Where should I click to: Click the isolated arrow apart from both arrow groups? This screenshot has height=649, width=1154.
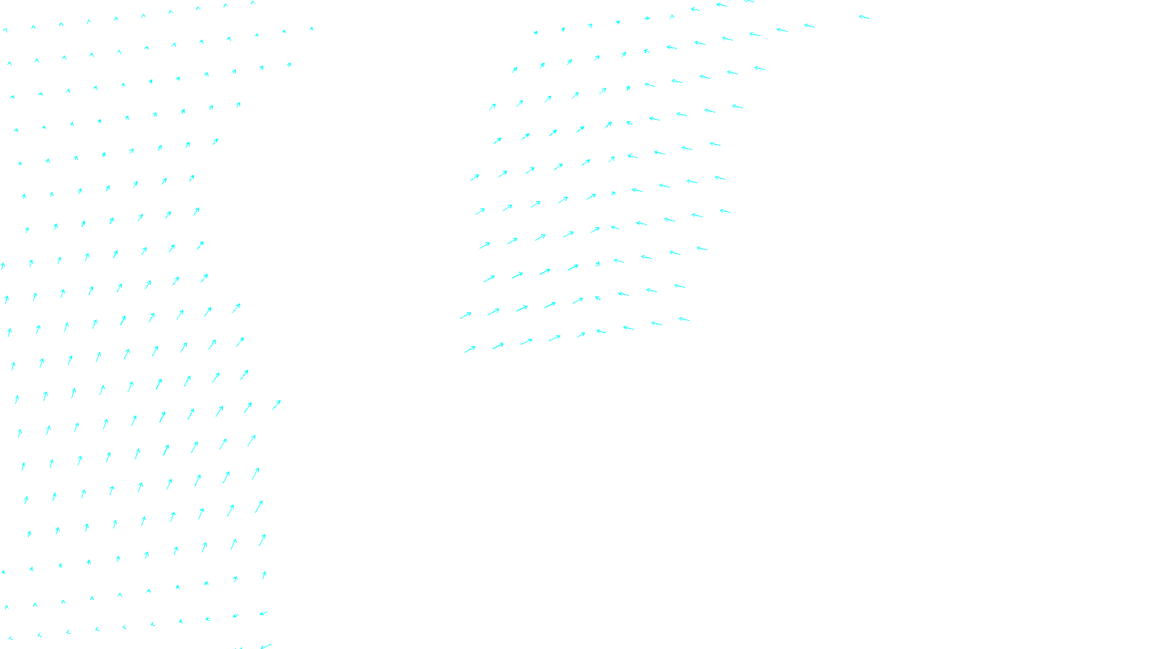(x=864, y=17)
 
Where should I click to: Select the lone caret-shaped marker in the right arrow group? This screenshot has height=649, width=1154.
(x=672, y=17)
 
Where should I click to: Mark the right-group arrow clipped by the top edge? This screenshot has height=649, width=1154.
(x=749, y=1)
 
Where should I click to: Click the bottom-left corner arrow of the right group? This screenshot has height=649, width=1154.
(x=470, y=350)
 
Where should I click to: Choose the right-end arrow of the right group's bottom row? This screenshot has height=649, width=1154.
(x=684, y=319)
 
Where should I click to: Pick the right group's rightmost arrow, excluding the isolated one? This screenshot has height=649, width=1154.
(x=809, y=26)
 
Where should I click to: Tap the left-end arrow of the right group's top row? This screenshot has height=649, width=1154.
(x=535, y=32)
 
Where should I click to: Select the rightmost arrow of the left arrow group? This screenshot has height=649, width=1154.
(x=276, y=405)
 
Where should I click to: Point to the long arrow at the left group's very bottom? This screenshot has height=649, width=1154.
(x=265, y=645)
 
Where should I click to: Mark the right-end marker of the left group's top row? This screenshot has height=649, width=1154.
(x=253, y=3)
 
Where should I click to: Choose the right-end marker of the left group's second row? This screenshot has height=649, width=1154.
(x=312, y=29)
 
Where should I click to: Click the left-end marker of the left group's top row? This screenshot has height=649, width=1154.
(x=5, y=30)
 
